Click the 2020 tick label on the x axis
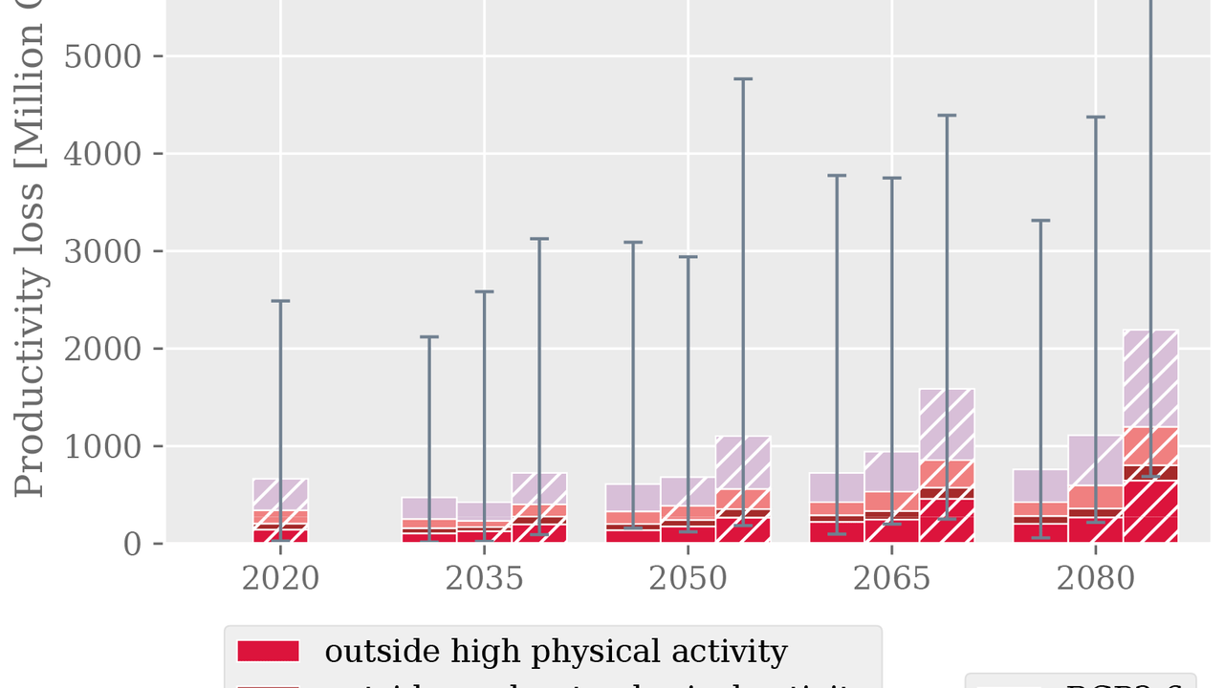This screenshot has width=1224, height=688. [x=280, y=580]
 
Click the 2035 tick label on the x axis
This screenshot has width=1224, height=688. [x=484, y=580]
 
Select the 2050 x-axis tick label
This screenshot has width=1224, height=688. [x=688, y=580]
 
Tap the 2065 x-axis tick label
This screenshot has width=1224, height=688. [x=891, y=580]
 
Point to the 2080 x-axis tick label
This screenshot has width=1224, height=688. [x=1095, y=580]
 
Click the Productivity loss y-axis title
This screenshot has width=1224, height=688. [x=30, y=258]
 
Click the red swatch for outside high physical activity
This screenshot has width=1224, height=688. [x=268, y=652]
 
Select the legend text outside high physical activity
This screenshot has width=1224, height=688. [x=556, y=652]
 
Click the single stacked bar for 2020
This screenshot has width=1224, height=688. [x=280, y=511]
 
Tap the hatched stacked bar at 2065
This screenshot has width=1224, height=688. [x=947, y=466]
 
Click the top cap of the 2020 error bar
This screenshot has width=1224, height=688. [x=280, y=301]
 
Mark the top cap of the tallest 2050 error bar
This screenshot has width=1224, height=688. [x=743, y=78]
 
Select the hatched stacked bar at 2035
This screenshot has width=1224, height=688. [x=539, y=508]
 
